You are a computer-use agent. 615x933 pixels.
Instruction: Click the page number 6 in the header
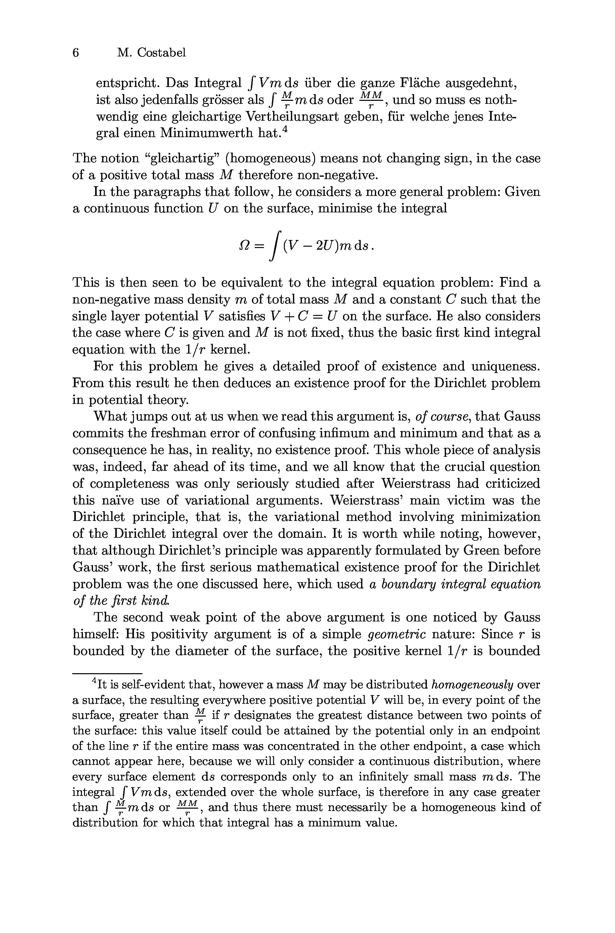point(76,52)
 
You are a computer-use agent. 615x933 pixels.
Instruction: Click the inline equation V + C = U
point(299,316)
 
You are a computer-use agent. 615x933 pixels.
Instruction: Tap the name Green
point(481,551)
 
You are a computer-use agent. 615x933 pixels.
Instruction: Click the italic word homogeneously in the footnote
point(472,685)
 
